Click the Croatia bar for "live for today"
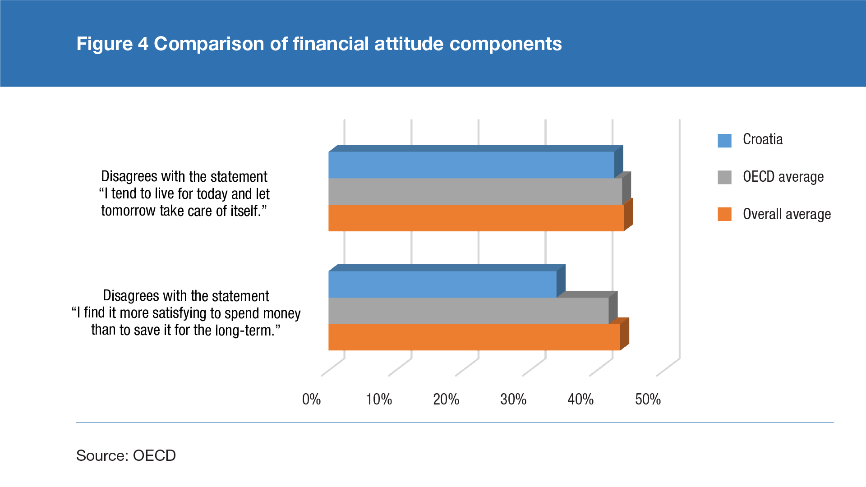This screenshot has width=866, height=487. (x=471, y=165)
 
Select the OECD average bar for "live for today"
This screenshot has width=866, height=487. (x=475, y=192)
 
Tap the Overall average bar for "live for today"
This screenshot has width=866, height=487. (x=476, y=218)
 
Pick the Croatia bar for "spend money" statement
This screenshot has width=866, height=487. (x=442, y=284)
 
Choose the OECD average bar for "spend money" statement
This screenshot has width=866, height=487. (x=468, y=311)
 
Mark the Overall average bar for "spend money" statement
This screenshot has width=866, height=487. (x=474, y=337)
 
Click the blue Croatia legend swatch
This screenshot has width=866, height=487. (x=724, y=141)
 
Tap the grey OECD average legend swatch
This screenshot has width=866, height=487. (x=724, y=177)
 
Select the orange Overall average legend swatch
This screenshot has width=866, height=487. (x=724, y=214)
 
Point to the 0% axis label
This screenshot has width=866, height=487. (x=311, y=400)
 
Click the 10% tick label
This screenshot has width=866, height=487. (x=378, y=400)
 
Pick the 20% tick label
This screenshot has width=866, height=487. (x=446, y=400)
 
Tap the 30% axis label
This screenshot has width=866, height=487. (x=513, y=400)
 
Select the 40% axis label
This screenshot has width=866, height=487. (x=580, y=400)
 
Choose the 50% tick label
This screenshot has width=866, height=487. (x=648, y=400)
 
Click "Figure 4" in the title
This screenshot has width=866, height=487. (x=112, y=44)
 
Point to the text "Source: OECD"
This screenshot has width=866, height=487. (x=126, y=455)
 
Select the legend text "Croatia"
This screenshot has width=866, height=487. (x=763, y=140)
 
